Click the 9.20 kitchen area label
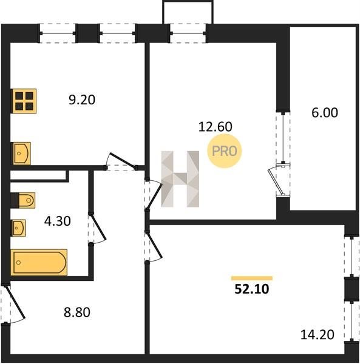click(82, 100)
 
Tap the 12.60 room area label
click(216, 127)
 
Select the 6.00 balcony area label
click(325, 113)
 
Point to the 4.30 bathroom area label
click(57, 221)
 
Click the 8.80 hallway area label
click(77, 312)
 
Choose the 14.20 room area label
click(318, 335)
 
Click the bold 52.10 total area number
click(252, 289)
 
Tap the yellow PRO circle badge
click(225, 151)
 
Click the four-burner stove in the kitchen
click(24, 101)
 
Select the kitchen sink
click(21, 153)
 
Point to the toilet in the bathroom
click(23, 200)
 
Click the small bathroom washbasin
click(19, 228)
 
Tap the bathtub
click(39, 262)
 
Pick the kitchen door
click(122, 160)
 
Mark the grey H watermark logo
click(180, 179)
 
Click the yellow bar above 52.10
click(252, 278)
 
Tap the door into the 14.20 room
click(154, 246)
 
